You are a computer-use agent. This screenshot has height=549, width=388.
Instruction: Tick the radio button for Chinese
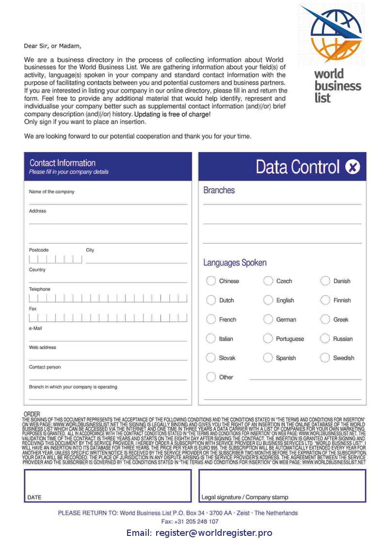211,281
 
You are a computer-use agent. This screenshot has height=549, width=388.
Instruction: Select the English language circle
268,300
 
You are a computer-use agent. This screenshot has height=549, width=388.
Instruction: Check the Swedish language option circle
325,358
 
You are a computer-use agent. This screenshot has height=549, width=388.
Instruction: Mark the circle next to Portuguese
268,338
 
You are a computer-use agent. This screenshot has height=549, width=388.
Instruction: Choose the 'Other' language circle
211,377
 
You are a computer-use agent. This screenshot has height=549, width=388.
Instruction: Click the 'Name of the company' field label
51,192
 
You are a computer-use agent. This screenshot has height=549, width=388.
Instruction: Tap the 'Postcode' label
39,250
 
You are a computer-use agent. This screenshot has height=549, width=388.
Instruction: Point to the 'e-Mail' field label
36,328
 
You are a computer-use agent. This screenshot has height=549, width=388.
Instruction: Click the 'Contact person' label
45,367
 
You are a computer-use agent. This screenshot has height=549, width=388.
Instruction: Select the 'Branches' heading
219,190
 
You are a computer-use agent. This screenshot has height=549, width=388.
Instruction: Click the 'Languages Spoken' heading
235,263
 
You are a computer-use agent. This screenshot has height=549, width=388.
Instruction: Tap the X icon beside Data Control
353,167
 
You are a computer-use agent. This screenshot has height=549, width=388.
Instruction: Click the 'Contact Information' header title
62,163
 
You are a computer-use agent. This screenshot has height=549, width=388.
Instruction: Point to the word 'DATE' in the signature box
34,498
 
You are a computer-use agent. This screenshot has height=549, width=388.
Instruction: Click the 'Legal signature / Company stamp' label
244,498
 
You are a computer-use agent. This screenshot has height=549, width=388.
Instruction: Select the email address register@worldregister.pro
214,533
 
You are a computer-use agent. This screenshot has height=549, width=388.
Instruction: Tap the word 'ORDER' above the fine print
32,414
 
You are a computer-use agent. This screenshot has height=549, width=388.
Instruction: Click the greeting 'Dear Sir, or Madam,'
53,46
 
